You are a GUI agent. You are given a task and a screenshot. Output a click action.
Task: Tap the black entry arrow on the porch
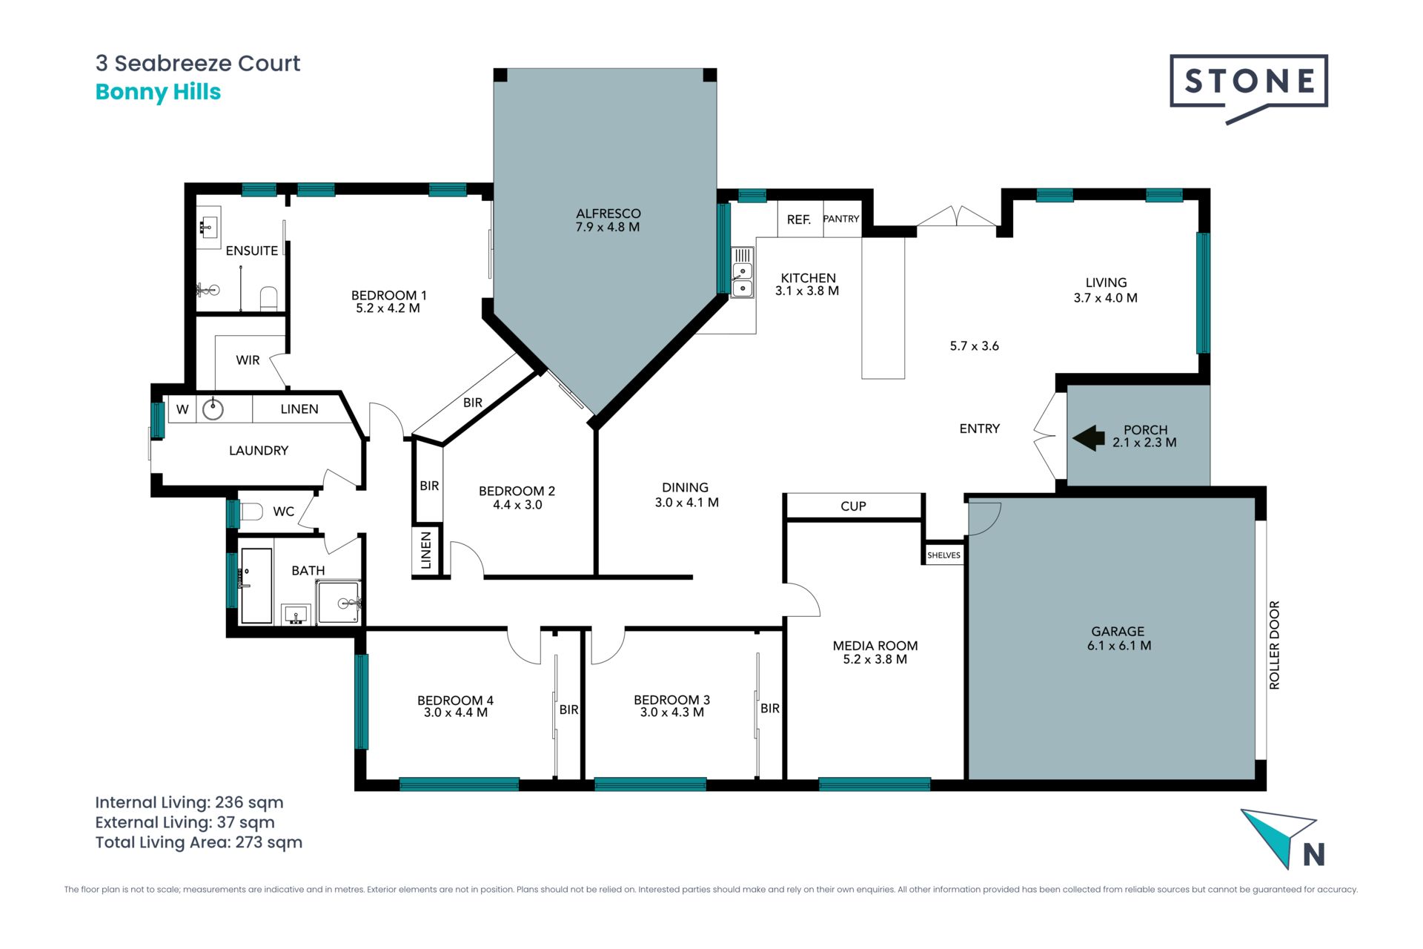pos(1089,438)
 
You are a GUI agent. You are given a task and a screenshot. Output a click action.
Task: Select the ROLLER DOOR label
pos(1275,645)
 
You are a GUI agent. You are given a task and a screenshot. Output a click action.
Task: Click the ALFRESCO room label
pos(608,214)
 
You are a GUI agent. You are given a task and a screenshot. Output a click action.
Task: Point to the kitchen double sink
pos(743,272)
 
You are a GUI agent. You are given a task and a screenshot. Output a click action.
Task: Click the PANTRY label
pos(841,219)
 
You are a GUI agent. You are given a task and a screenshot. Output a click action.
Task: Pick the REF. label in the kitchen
pos(799,219)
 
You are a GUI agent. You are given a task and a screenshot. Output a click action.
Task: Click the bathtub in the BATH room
pos(256,586)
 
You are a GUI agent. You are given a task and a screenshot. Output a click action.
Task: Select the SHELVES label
pos(943,555)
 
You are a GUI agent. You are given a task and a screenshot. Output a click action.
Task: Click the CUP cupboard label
pos(853,506)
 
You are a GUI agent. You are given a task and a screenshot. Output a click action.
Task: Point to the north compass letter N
pos(1314,855)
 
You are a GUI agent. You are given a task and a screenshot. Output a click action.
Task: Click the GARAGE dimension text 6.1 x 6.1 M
pos(1119,646)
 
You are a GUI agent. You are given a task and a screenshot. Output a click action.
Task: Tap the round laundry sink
pos(213,409)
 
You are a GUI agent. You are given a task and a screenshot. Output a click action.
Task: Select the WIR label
pos(248,360)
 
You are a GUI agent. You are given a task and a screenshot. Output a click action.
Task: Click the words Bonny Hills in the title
pos(158,92)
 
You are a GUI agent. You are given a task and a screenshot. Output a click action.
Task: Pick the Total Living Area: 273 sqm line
pos(199,842)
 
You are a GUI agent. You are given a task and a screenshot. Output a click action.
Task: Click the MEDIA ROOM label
pos(875,646)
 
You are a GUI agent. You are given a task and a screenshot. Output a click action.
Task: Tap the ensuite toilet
pos(268,299)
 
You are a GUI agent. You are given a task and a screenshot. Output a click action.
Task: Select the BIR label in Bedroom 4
pos(568,710)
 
